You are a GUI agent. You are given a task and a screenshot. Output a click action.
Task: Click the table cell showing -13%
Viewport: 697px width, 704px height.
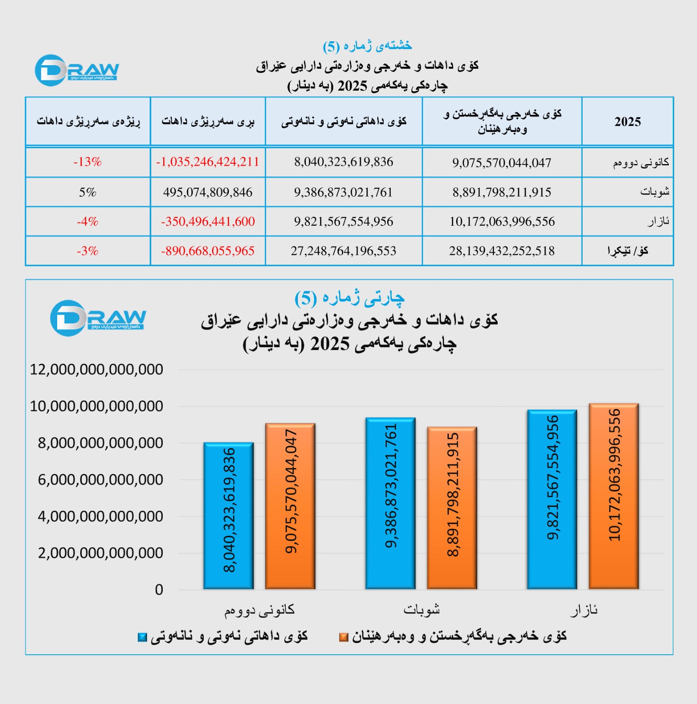point(88,162)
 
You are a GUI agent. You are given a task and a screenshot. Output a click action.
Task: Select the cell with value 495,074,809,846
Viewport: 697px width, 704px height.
point(208,192)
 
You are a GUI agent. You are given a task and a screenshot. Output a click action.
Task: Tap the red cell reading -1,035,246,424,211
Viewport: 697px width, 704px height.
point(208,162)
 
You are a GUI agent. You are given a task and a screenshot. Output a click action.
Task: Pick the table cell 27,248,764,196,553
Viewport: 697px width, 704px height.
point(343,251)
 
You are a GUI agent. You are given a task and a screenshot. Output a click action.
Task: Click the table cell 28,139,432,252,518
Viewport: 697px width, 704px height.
point(502,251)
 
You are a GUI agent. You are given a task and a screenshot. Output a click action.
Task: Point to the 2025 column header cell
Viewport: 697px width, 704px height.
point(627,121)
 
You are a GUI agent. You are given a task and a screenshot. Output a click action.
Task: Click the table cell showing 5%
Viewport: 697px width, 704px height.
point(88,192)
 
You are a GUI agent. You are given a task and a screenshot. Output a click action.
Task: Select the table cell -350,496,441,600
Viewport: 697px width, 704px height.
point(208,221)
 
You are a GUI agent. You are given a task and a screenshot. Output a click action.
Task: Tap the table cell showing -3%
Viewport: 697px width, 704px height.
point(88,251)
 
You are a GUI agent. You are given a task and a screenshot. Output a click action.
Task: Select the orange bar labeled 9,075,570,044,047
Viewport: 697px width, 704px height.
point(290,506)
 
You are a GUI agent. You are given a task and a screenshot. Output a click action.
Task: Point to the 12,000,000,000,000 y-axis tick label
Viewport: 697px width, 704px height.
point(96,370)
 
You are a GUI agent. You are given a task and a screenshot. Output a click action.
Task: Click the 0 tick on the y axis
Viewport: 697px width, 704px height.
point(159,590)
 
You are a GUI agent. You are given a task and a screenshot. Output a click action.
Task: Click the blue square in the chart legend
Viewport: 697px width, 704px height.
point(142,637)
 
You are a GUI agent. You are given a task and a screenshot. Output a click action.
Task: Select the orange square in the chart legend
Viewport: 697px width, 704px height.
point(344,637)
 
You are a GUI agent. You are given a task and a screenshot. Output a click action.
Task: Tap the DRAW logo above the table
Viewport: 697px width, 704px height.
point(77,70)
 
